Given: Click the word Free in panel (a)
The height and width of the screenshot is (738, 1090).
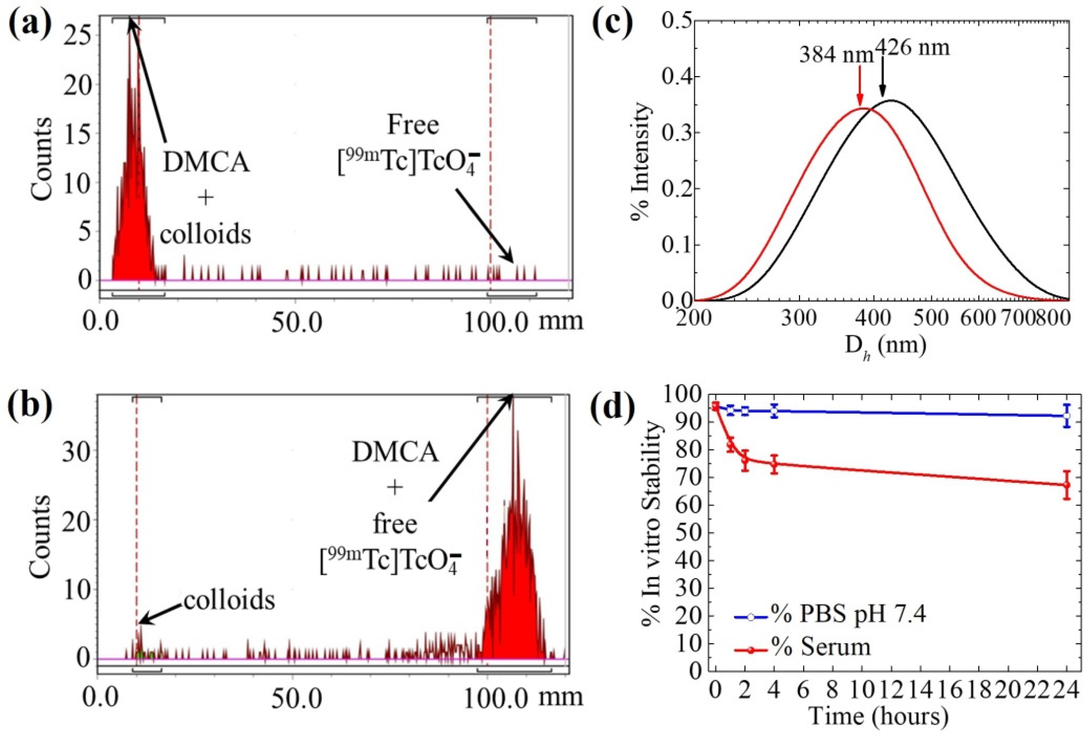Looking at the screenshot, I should point(413,125).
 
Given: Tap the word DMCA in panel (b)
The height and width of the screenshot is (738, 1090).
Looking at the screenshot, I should point(395,453).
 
